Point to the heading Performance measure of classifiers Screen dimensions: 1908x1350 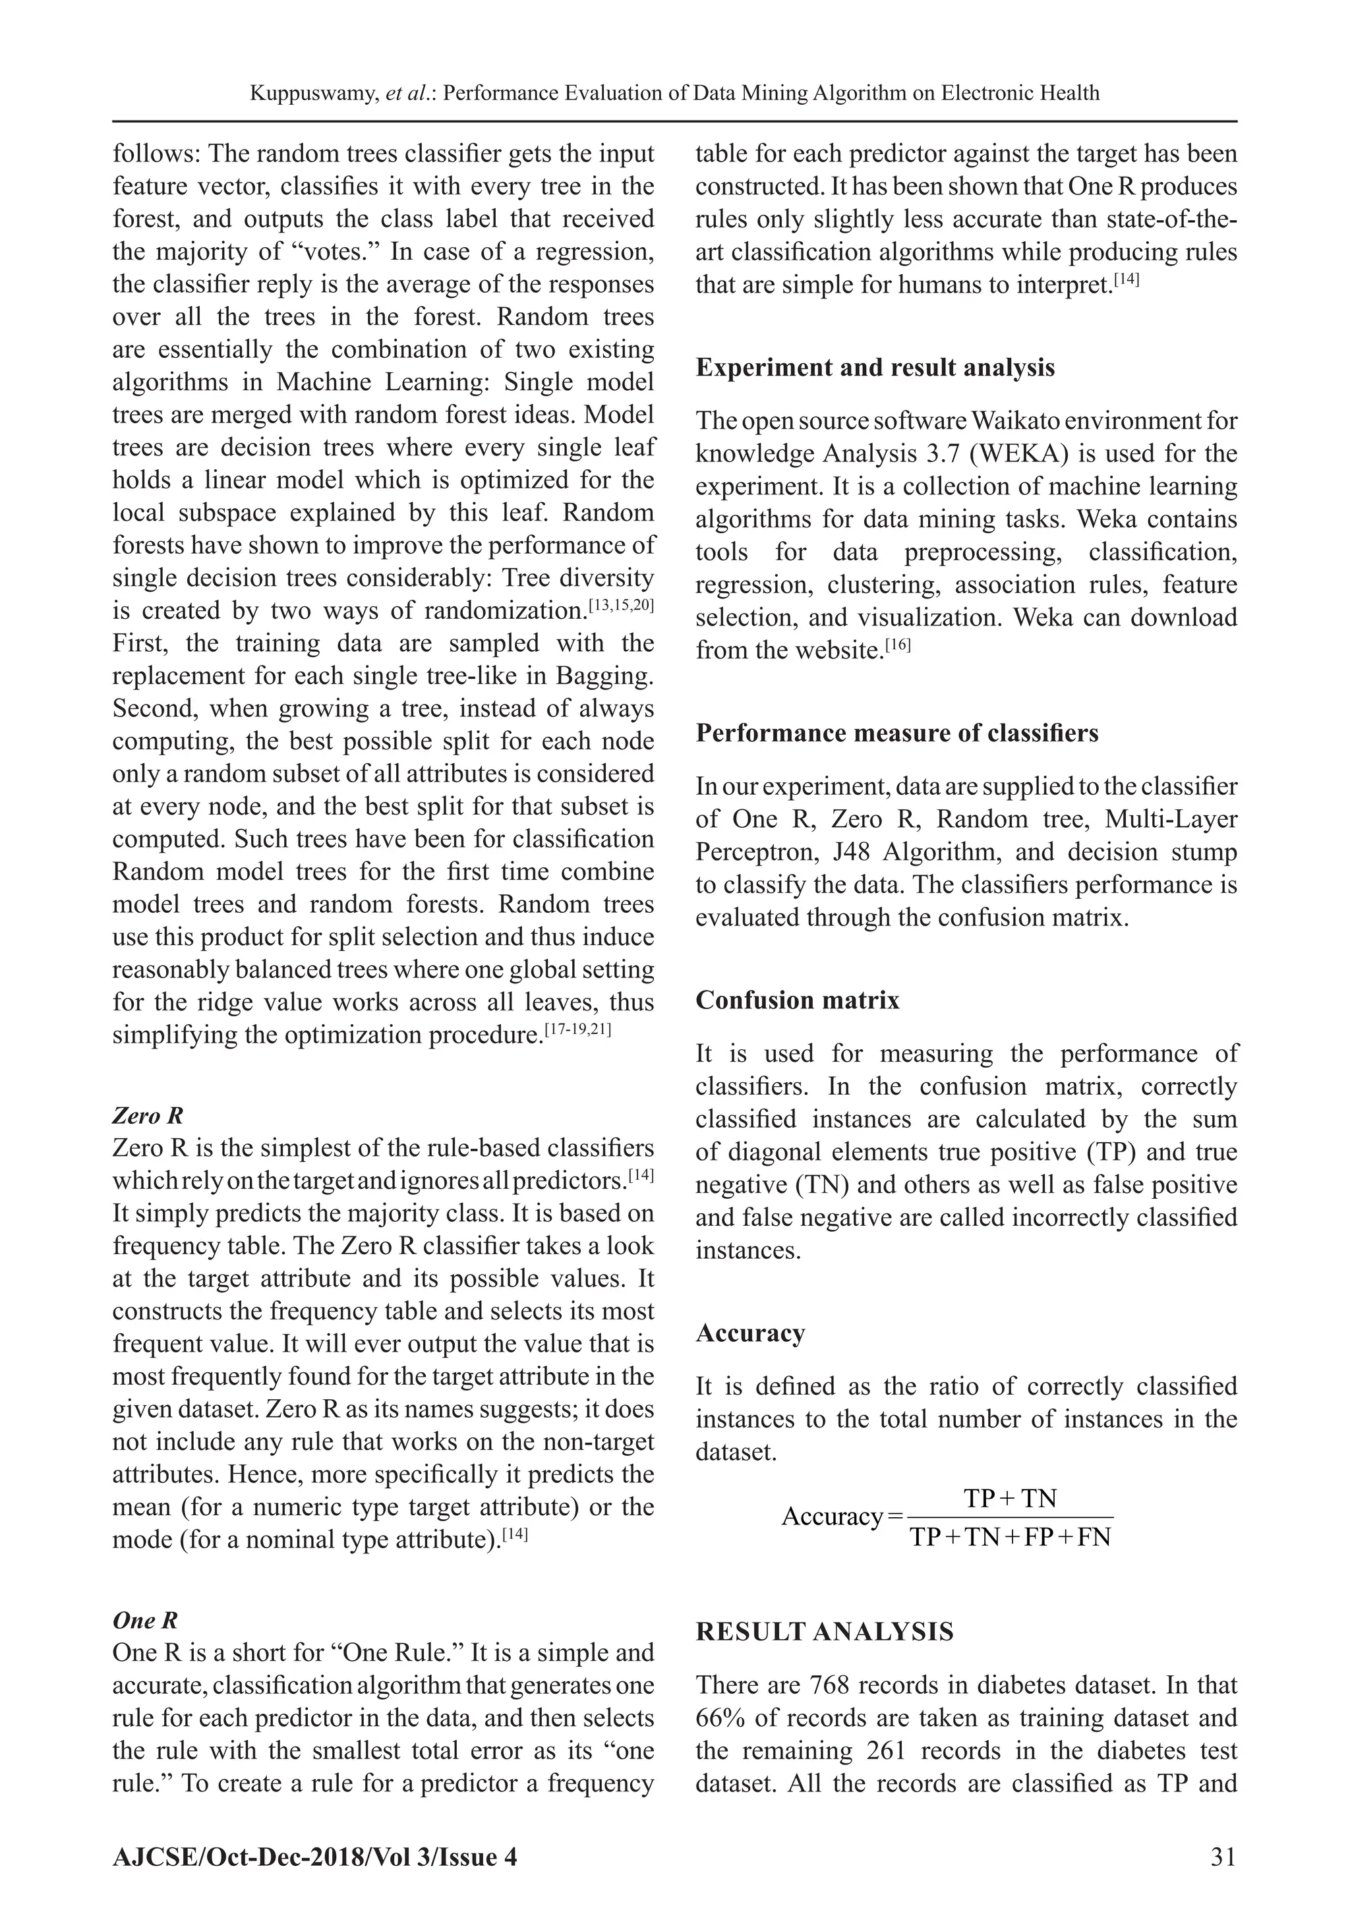click(x=896, y=733)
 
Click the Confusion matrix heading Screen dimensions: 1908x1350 click(x=797, y=1000)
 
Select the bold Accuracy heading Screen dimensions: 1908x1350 click(x=749, y=1333)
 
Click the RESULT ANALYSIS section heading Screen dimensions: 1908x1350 click(x=825, y=1631)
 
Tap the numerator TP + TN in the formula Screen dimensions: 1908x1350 click(x=1009, y=1498)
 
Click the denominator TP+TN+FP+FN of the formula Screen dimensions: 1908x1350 click(x=1010, y=1538)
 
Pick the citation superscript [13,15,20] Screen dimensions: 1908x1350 click(x=621, y=606)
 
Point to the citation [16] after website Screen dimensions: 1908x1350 click(x=898, y=645)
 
